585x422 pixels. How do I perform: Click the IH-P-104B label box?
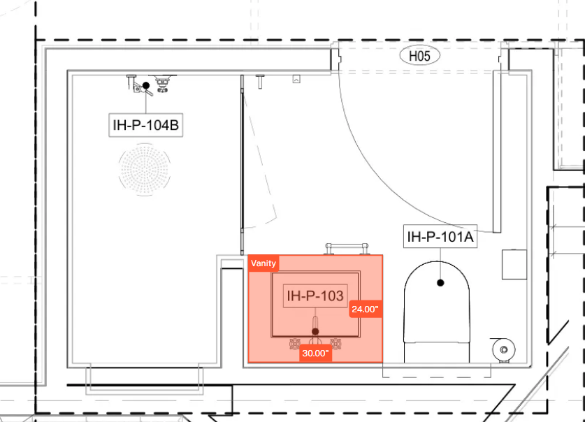145,125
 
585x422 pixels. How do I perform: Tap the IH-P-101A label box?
440,236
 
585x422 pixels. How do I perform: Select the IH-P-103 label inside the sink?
315,296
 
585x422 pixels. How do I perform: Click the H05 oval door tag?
420,56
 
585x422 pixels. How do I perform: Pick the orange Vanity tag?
263,263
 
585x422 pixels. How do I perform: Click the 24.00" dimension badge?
366,309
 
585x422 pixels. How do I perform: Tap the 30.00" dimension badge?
315,353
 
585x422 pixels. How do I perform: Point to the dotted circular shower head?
145,170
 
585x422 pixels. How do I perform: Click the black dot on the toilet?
440,283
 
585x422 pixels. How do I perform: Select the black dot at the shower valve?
146,86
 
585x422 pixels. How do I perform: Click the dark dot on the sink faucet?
315,331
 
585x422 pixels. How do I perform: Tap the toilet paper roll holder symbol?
504,349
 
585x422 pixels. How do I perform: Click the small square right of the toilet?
514,265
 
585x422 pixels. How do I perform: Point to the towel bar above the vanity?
347,248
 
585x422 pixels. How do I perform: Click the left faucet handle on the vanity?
295,344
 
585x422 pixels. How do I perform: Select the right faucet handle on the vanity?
335,344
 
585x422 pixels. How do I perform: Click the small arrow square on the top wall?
296,79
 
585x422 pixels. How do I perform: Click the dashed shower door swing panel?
261,160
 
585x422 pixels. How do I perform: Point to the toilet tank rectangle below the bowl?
437,352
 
